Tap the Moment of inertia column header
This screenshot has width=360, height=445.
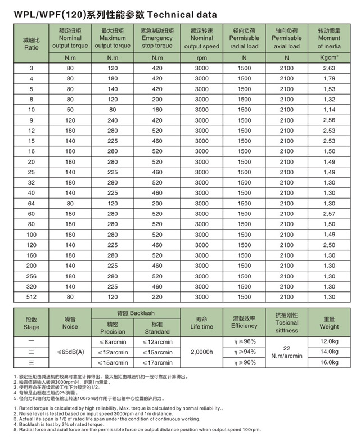coord(329,38)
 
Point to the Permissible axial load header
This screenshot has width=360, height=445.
coord(287,38)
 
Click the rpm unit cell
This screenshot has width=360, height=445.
coord(201,57)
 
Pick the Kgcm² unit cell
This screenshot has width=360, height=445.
coord(329,57)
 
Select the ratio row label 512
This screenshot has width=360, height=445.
coord(31,297)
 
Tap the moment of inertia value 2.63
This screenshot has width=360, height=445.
coord(329,68)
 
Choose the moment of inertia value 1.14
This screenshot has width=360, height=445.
coord(329,109)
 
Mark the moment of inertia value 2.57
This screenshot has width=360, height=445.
coord(329,214)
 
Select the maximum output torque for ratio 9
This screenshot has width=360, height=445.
coord(112,120)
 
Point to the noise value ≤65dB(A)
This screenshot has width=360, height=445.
coord(71,352)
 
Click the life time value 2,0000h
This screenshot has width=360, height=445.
coord(201,352)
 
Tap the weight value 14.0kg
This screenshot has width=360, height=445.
coord(329,352)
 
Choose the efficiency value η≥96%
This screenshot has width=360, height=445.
coord(244,341)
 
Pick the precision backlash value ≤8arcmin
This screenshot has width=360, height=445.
coord(112,341)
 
